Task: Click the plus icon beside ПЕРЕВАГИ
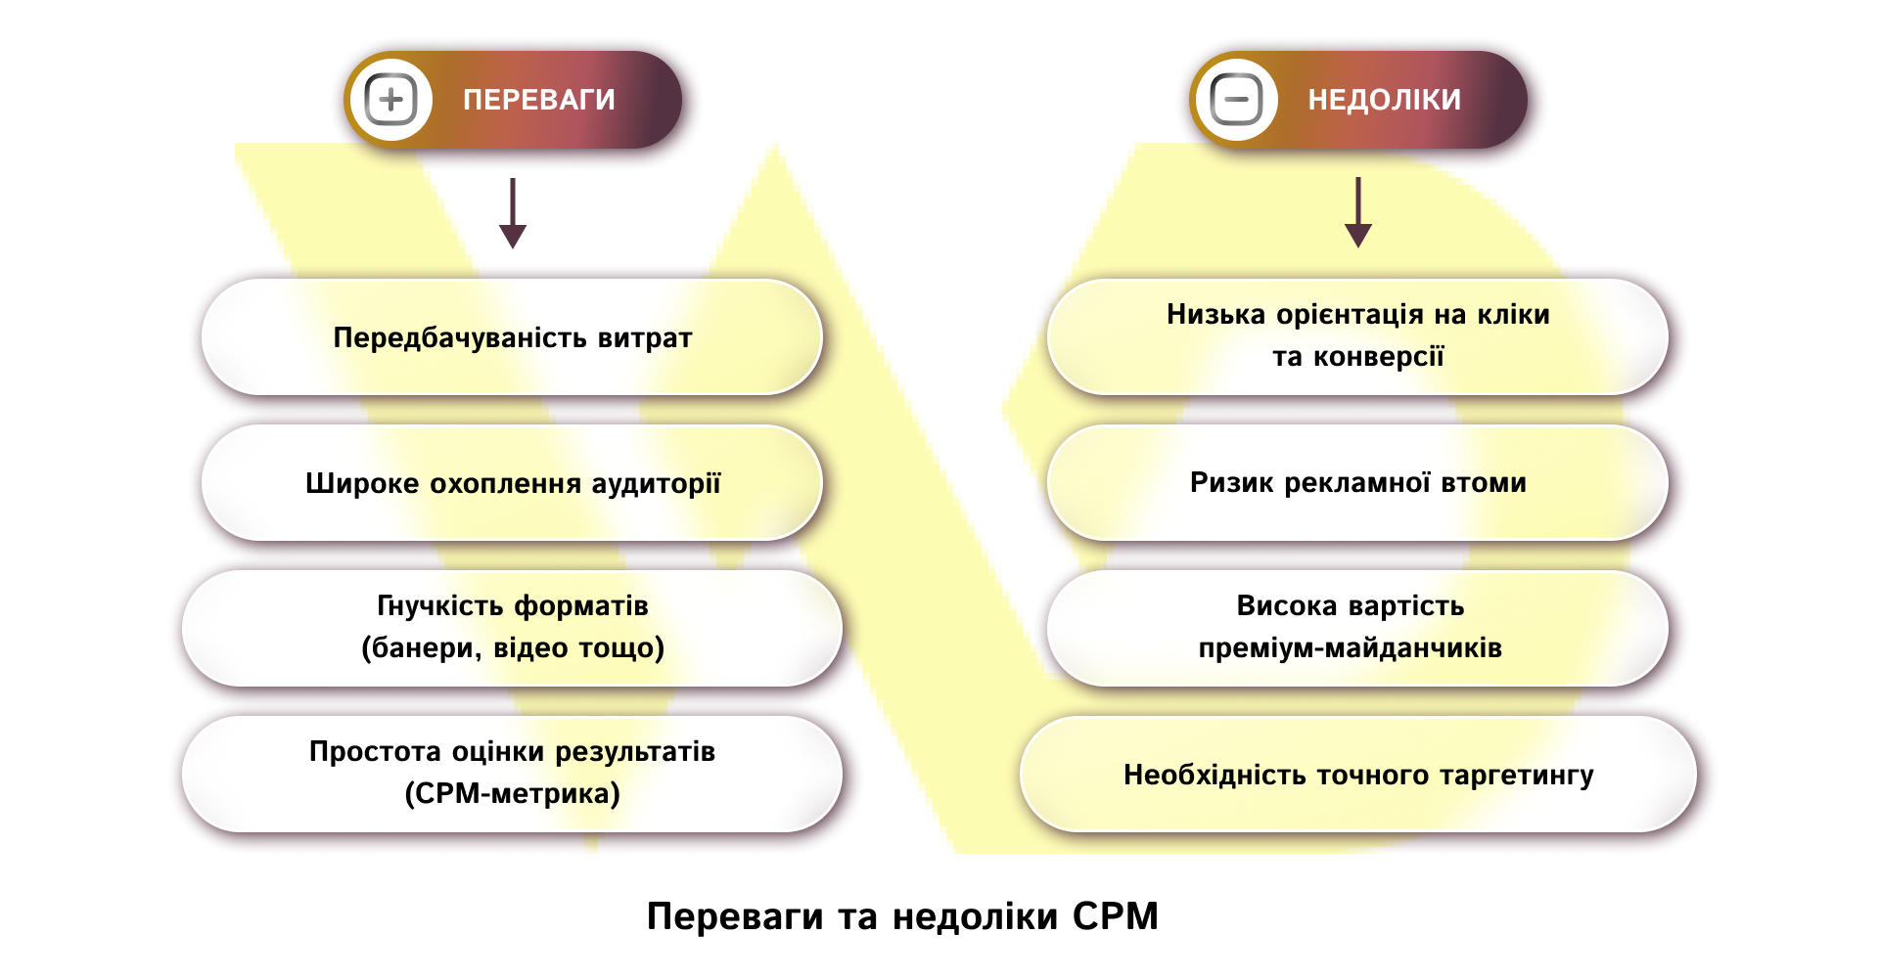click(390, 100)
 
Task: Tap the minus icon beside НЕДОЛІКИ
click(1236, 100)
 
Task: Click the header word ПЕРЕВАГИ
click(538, 100)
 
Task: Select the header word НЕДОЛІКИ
click(1384, 100)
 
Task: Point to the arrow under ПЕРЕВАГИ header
click(513, 214)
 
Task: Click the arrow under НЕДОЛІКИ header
click(1357, 213)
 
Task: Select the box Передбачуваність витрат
click(512, 337)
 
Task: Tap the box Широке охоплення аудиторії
click(512, 483)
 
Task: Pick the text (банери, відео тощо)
click(513, 648)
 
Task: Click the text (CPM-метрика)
click(513, 793)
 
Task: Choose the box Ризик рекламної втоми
click(1357, 483)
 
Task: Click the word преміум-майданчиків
click(1350, 648)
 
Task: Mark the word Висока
click(1286, 606)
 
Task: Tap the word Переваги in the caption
click(734, 916)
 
